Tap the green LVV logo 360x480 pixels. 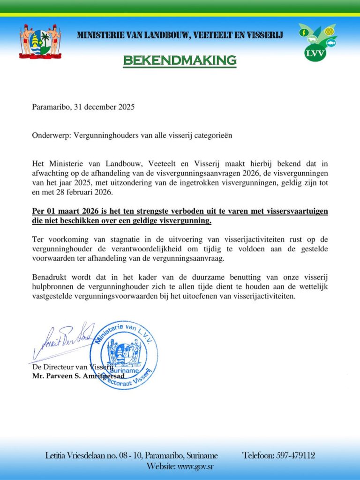pyautogui.click(x=317, y=42)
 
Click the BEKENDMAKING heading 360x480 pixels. pyautogui.click(x=180, y=60)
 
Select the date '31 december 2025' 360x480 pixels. pyautogui.click(x=105, y=107)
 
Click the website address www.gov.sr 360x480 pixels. pyautogui.click(x=195, y=466)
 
